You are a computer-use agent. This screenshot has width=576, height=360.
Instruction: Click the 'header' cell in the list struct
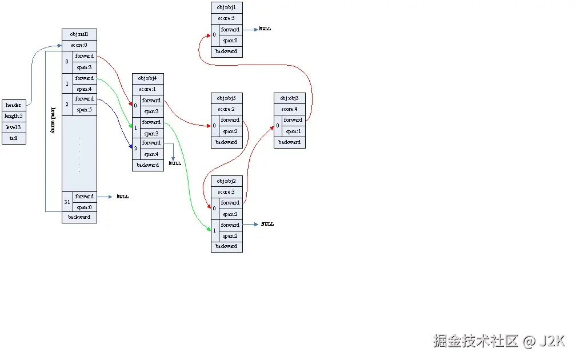tap(14, 105)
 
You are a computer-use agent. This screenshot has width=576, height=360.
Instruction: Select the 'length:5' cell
tap(14, 116)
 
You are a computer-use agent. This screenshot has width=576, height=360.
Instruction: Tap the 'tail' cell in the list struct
tap(14, 138)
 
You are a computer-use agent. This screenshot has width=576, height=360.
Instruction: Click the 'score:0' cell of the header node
tap(79, 45)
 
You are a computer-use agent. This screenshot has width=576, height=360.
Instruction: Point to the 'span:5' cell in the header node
tap(85, 110)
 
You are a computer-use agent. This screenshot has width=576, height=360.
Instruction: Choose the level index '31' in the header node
tap(67, 202)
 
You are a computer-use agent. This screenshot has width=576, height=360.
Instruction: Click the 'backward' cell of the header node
tap(79, 217)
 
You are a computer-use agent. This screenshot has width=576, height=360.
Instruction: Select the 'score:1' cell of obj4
tap(147, 89)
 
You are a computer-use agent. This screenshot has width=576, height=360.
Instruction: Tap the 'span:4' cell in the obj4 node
tap(151, 154)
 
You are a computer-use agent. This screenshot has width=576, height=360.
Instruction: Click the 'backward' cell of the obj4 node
tap(147, 165)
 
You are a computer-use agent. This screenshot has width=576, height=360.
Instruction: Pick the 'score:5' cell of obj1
tap(226, 18)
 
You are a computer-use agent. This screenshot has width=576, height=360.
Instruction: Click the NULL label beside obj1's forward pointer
tap(265, 29)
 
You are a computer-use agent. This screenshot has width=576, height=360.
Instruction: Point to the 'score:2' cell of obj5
tap(226, 109)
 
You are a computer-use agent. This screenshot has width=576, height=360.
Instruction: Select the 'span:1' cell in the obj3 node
tap(293, 131)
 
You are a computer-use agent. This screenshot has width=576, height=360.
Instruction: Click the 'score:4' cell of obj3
tap(289, 109)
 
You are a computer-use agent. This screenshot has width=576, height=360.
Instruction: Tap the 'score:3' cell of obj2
tap(226, 192)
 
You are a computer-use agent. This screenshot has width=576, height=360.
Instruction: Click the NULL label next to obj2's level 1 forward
tap(267, 225)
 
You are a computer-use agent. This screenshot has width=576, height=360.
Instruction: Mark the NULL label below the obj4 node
tap(175, 163)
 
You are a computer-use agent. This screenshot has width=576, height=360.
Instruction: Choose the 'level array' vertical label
tap(53, 119)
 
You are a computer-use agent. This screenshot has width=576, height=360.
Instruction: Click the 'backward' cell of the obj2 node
tap(226, 246)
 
